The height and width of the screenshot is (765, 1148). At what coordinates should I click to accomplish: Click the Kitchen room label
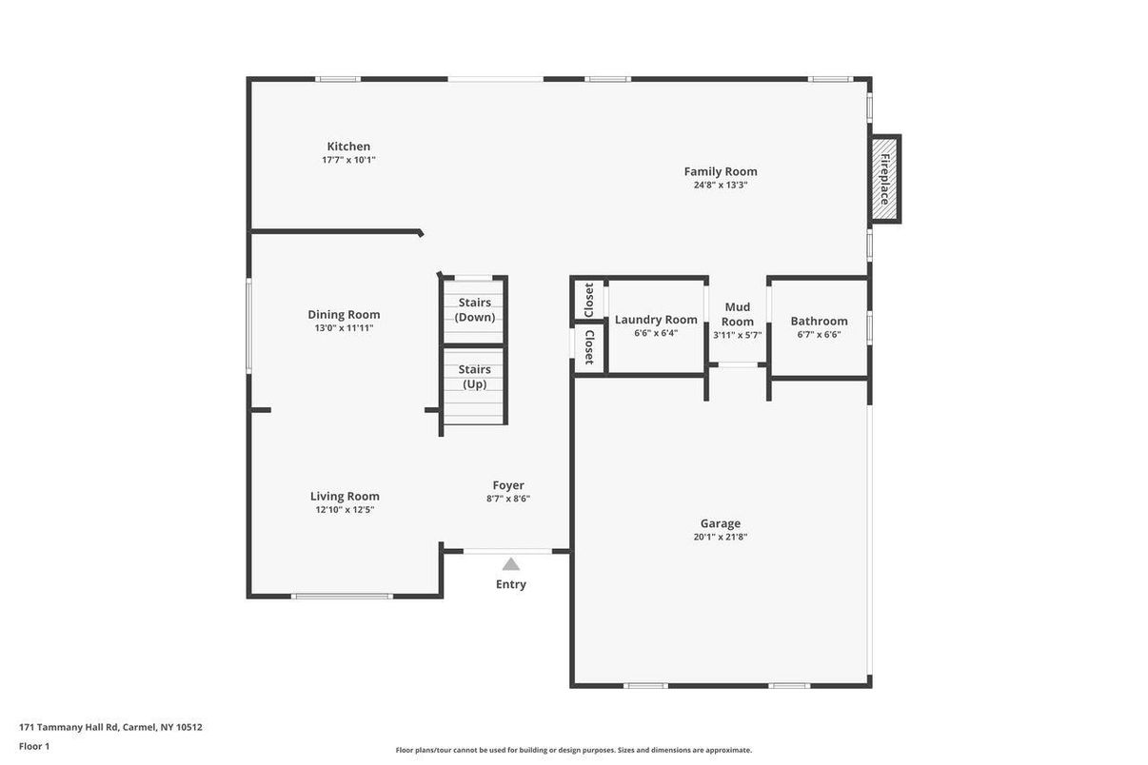click(348, 147)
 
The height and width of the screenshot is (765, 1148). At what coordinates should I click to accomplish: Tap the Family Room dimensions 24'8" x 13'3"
click(721, 185)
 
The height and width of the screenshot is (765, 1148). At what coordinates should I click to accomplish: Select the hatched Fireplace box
click(885, 179)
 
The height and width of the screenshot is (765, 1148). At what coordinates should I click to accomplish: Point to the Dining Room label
click(344, 315)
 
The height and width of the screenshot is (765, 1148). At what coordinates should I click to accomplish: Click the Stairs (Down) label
click(475, 309)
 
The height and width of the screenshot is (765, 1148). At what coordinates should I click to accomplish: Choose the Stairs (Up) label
click(475, 377)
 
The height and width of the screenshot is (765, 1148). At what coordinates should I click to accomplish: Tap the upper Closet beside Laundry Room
click(589, 300)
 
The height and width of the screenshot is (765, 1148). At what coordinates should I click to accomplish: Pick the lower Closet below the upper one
click(589, 347)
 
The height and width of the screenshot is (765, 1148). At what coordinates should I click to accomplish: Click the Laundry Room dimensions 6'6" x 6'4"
click(656, 333)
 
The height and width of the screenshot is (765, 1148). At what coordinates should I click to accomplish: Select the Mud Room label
click(738, 314)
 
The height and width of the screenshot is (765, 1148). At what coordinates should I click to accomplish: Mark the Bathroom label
click(819, 322)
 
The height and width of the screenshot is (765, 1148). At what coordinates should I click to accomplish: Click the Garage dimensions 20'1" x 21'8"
click(721, 537)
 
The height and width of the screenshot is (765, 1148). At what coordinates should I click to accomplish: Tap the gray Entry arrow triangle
click(510, 564)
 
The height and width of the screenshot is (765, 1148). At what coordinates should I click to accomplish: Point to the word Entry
click(511, 584)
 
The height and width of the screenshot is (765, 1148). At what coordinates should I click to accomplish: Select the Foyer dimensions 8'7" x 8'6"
click(508, 499)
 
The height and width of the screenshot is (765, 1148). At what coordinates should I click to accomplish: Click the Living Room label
click(345, 496)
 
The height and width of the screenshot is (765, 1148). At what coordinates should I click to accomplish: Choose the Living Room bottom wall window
click(343, 597)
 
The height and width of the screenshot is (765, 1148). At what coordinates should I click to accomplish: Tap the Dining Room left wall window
click(249, 325)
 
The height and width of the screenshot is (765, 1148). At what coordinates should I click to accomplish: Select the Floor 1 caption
click(34, 747)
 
